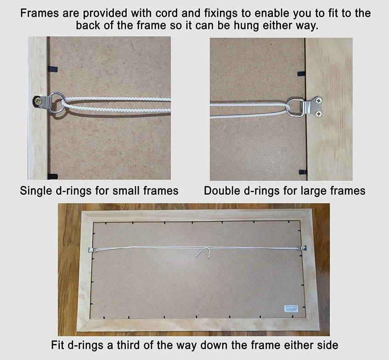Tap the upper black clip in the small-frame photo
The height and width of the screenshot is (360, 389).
point(52,69)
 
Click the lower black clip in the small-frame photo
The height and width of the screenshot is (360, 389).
point(52,176)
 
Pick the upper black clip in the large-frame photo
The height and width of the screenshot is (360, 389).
point(302,74)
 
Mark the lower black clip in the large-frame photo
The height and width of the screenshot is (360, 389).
point(302,172)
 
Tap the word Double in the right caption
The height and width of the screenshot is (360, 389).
point(223,191)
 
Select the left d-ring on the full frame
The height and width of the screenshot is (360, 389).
point(91,250)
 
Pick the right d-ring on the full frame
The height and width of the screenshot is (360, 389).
point(303,248)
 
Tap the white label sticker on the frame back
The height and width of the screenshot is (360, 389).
point(291,309)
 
